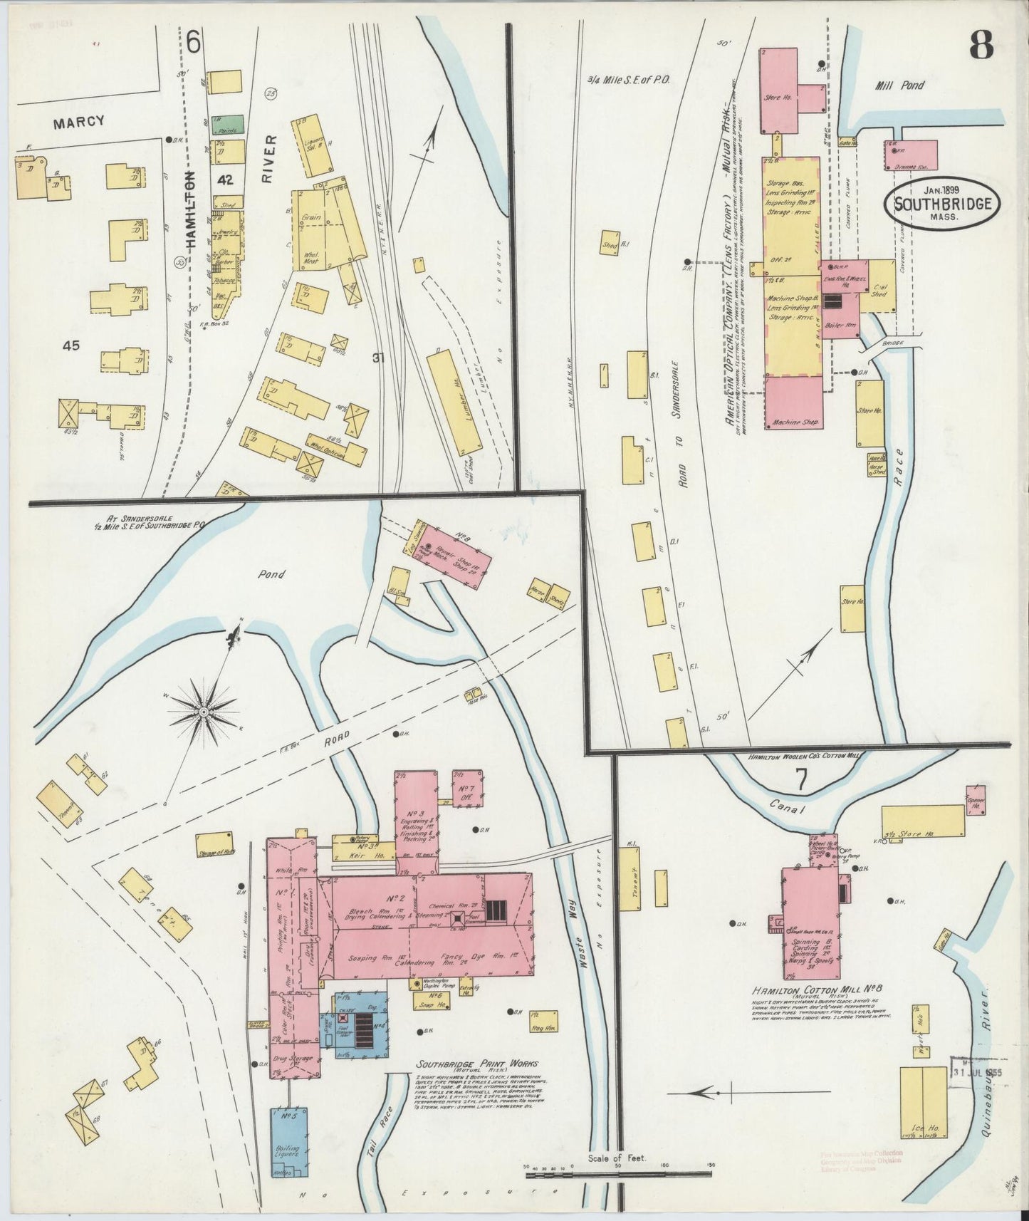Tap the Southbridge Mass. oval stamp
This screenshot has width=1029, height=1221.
[x=942, y=204]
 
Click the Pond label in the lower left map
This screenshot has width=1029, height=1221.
[x=271, y=574]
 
